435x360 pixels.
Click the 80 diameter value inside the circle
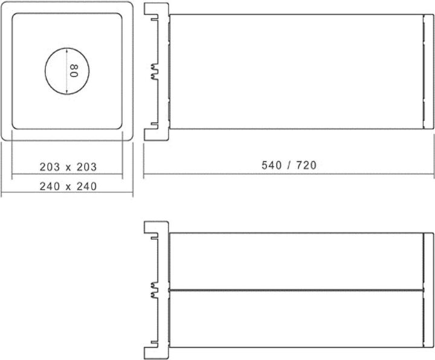[74, 71]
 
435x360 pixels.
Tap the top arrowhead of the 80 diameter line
[66, 50]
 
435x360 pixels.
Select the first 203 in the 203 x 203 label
[51, 166]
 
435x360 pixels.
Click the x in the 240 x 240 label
[68, 187]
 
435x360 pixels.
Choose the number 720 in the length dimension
[306, 165]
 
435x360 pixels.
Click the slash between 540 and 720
[289, 165]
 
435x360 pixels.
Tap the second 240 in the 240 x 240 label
[86, 187]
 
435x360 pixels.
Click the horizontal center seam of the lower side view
[296, 291]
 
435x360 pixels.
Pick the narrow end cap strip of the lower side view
[428, 291]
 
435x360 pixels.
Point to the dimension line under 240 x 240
[66, 194]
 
